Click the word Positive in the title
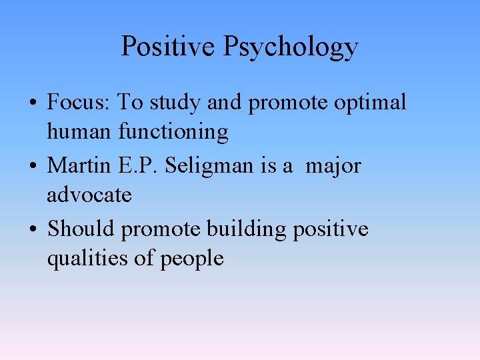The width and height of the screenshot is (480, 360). click(169, 47)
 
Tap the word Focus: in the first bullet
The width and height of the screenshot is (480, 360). click(79, 103)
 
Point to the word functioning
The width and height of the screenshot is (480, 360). click(173, 133)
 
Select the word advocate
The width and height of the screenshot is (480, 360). click(89, 195)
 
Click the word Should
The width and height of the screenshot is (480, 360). click(81, 228)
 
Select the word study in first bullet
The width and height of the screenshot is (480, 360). click(174, 103)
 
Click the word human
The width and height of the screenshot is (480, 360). click(79, 132)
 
